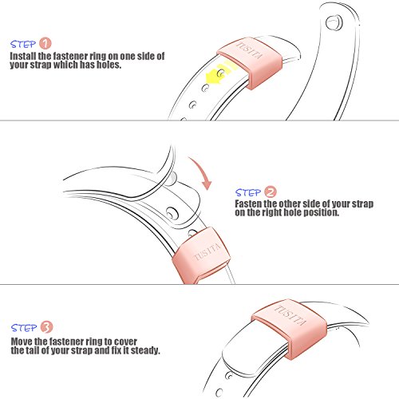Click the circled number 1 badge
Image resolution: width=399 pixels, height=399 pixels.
click(x=45, y=44)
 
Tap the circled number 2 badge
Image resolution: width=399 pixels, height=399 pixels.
click(x=271, y=192)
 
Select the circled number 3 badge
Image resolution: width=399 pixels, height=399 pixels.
click(x=47, y=327)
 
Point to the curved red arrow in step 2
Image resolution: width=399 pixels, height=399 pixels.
click(x=203, y=173)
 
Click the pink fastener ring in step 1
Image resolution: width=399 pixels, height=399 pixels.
click(x=251, y=62)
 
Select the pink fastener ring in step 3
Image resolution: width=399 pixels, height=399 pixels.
click(x=290, y=328)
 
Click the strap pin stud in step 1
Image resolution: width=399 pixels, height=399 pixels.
click(x=334, y=23)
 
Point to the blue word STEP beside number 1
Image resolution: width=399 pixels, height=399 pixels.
click(x=23, y=44)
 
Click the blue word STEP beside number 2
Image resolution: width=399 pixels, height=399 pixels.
click(x=248, y=192)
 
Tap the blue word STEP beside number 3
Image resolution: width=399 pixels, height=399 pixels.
click(x=24, y=328)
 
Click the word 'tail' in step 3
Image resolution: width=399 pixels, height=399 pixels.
click(x=33, y=350)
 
